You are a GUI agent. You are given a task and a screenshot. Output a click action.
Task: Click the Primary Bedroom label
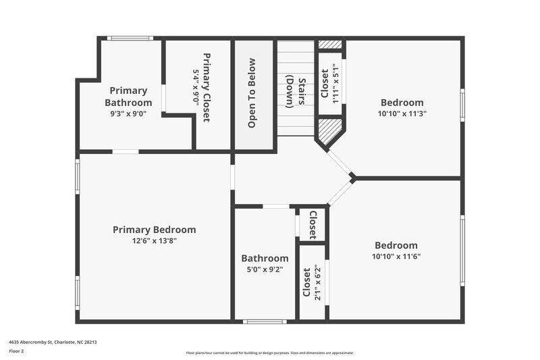click(x=154, y=230)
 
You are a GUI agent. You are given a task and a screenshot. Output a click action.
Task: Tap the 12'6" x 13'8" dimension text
click(x=154, y=240)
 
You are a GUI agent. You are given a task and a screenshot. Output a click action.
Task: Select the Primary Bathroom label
click(x=128, y=97)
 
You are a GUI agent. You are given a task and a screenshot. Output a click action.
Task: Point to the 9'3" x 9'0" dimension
click(x=128, y=114)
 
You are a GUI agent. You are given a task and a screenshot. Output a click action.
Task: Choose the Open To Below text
click(x=252, y=93)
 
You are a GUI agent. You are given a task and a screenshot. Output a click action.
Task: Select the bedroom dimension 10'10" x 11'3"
click(x=402, y=114)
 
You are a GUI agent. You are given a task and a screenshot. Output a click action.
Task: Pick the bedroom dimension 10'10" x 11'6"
click(x=396, y=257)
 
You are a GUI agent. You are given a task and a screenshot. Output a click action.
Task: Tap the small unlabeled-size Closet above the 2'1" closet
click(x=313, y=225)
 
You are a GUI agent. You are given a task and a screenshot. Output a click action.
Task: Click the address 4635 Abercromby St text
click(x=53, y=342)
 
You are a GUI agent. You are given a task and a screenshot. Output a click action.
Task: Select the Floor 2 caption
click(x=16, y=351)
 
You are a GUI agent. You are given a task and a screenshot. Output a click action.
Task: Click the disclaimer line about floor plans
click(x=270, y=353)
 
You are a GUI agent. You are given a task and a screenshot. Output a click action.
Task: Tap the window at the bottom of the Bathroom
click(x=265, y=322)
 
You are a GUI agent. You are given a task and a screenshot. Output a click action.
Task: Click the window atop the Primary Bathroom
click(x=130, y=38)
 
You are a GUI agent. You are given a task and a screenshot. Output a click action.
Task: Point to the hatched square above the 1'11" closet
click(x=330, y=45)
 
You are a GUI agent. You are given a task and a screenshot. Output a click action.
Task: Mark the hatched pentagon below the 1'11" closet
click(x=329, y=130)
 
